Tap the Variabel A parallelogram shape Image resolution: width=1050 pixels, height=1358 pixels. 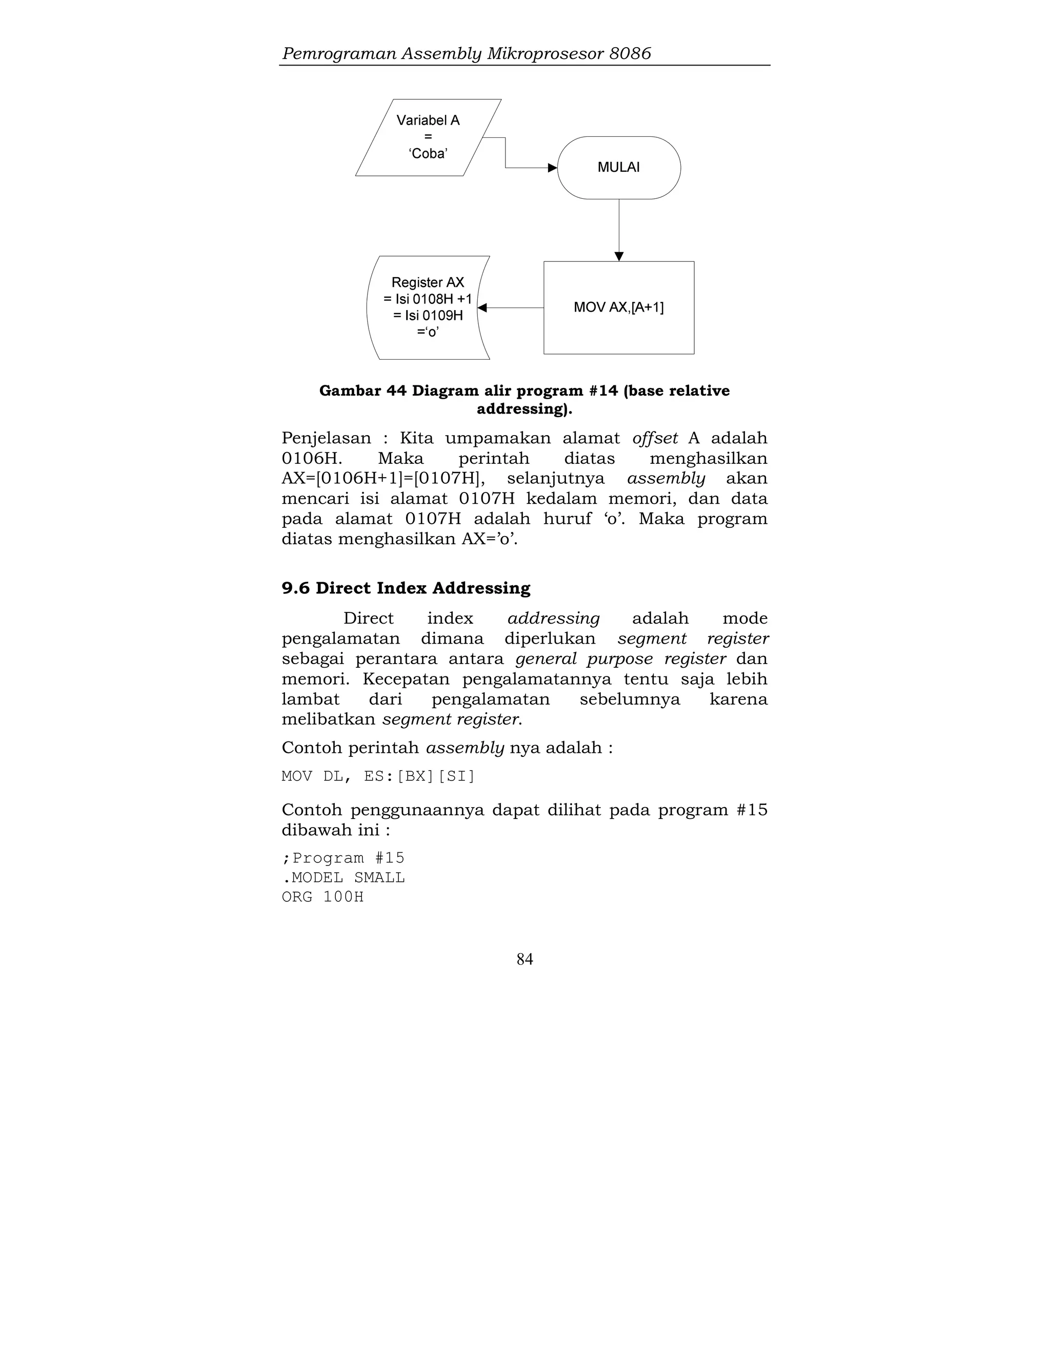(428, 137)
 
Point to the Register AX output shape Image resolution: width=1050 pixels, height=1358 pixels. (428, 307)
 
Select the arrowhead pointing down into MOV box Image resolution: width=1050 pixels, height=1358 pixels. (619, 256)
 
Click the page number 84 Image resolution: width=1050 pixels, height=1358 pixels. (524, 959)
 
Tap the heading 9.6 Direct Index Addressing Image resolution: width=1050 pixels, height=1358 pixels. (406, 588)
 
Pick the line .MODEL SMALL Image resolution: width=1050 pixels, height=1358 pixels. (343, 877)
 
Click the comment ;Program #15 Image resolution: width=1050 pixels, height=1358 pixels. (343, 858)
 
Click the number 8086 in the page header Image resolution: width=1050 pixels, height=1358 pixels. (630, 53)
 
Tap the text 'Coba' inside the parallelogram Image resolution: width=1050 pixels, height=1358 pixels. (428, 154)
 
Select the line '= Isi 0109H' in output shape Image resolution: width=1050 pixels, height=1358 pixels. (428, 315)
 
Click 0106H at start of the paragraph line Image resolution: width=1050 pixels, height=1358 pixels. (312, 459)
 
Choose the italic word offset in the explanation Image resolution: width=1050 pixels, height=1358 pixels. (654, 438)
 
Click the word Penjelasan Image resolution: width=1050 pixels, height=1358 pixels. (326, 438)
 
